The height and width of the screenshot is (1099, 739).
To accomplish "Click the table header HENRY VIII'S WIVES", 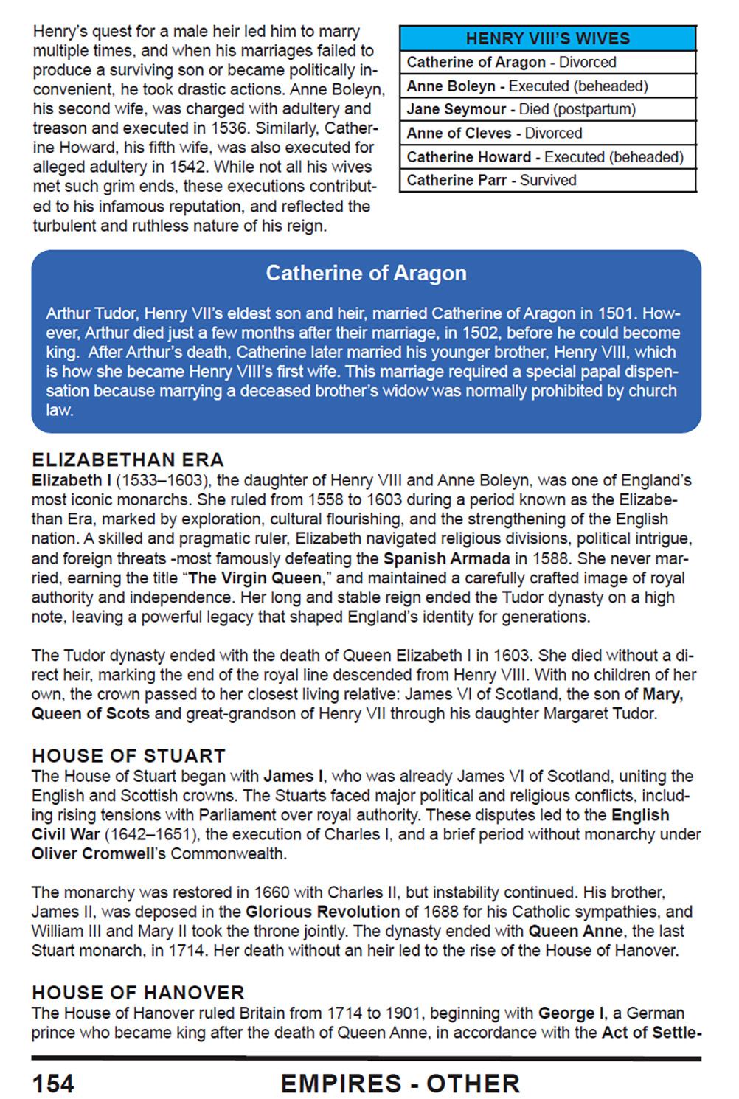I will coord(547,38).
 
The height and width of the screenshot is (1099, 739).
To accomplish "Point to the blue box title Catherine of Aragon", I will coord(366,274).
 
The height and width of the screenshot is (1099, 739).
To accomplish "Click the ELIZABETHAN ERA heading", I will coord(128,460).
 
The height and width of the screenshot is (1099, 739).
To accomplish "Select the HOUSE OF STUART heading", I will coord(128,756).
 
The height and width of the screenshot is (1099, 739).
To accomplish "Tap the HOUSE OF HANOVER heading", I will coord(138,993).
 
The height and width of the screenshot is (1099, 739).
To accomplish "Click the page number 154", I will coord(53,1084).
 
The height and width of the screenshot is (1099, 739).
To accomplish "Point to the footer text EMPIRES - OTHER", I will coord(400,1084).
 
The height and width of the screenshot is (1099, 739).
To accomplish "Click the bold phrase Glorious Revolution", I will coord(322,912).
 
